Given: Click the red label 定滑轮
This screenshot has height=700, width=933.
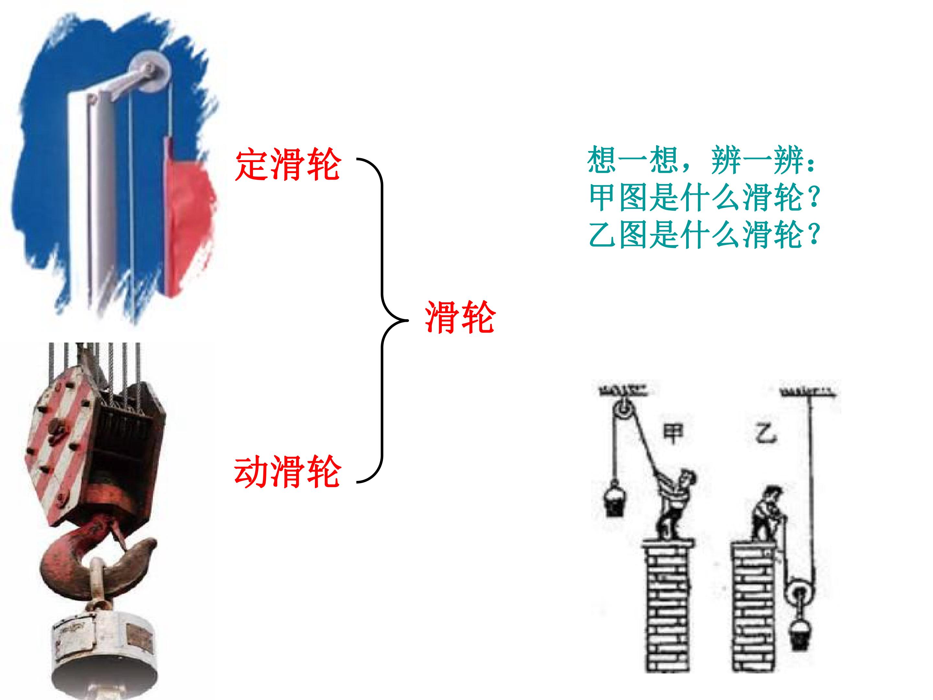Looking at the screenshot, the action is pyautogui.click(x=288, y=165).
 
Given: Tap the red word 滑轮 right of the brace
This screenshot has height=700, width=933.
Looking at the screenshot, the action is pyautogui.click(x=460, y=317).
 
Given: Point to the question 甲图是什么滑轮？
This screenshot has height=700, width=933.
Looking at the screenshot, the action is pyautogui.click(x=704, y=197).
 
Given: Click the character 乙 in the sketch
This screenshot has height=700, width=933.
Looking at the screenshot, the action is pyautogui.click(x=766, y=433).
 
